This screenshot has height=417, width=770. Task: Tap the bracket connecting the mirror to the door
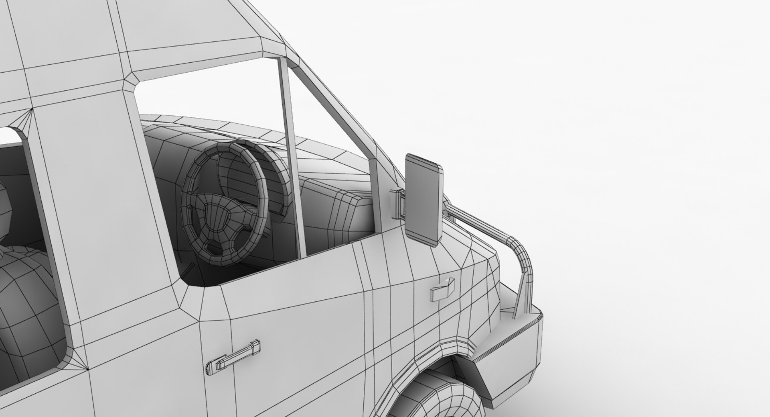398,203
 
